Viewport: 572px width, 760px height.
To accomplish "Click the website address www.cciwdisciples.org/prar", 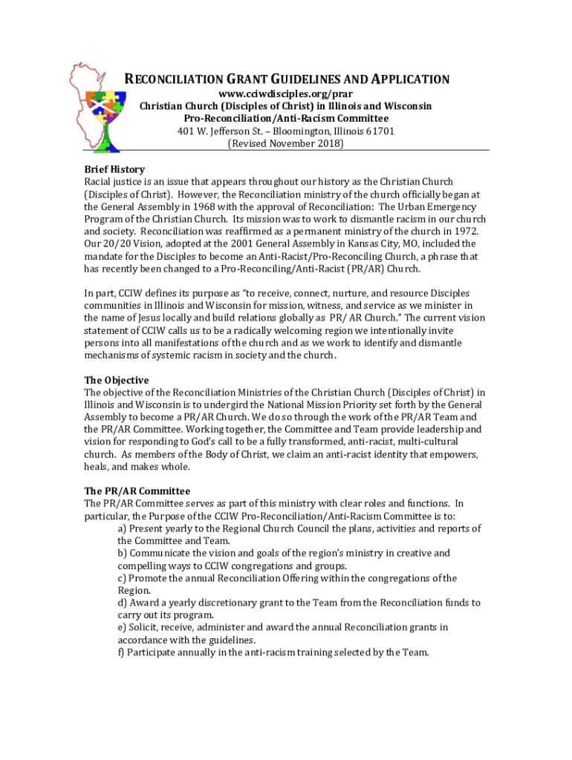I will coord(285,94).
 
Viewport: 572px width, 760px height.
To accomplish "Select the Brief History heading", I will coord(114,169).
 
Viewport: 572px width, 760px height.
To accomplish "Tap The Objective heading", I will coord(117,380).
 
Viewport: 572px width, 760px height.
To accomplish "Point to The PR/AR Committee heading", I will coord(137,491).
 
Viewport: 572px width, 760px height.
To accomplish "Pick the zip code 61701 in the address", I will coord(379,131).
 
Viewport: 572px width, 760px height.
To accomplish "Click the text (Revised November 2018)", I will coord(285,144).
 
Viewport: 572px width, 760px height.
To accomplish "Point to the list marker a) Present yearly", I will coord(123,528).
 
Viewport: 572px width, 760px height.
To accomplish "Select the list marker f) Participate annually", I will coord(123,652).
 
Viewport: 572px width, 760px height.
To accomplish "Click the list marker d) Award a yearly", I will coord(124,603).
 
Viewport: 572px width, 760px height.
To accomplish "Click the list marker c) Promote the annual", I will coord(123,578).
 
